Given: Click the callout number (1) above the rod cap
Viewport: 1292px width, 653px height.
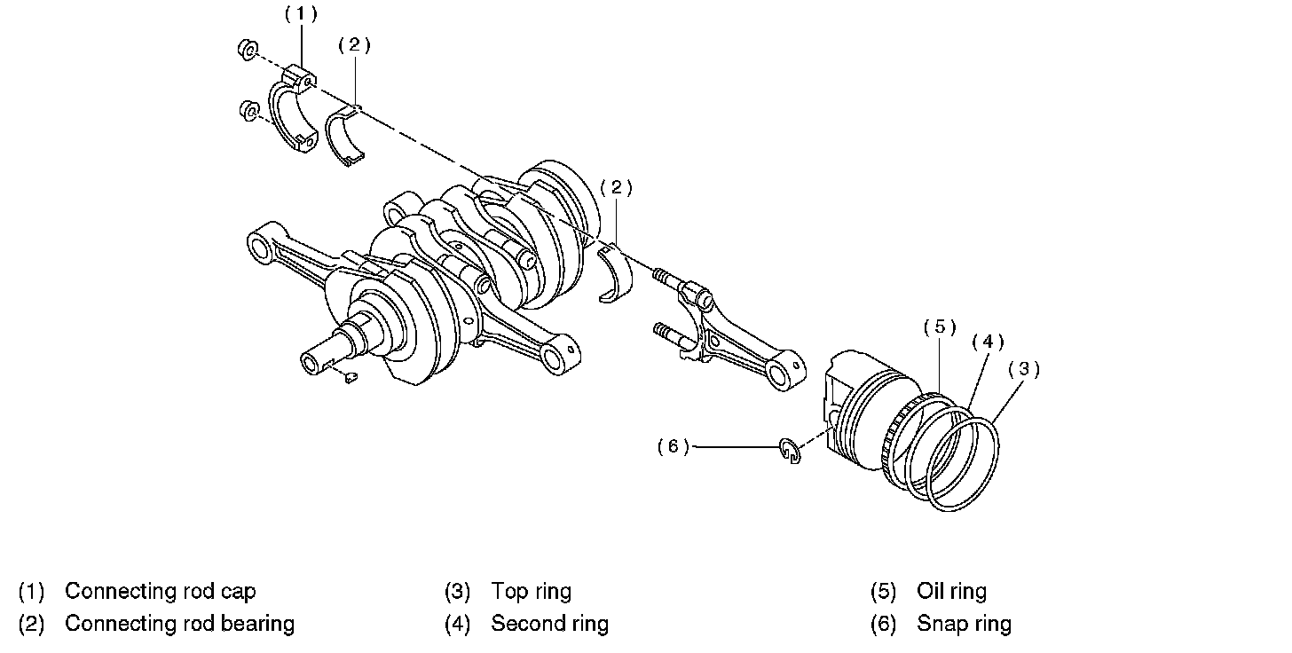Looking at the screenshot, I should [300, 13].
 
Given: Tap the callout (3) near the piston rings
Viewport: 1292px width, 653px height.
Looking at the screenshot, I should [1023, 369].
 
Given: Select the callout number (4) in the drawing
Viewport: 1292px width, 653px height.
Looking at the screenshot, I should [988, 342].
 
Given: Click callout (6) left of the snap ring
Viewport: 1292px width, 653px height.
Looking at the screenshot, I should [674, 446].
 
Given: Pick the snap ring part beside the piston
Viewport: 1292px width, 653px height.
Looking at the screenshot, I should [791, 451].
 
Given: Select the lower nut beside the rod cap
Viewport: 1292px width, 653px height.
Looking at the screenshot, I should [249, 111].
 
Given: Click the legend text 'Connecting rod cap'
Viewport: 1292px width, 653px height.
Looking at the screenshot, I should [160, 591].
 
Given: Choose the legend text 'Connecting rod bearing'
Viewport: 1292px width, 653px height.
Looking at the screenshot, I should [179, 624].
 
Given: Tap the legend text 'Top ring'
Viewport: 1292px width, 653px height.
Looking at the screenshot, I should [531, 591].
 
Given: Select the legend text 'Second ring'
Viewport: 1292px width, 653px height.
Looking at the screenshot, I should [549, 624].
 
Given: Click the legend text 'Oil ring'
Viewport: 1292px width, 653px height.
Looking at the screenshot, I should [951, 591].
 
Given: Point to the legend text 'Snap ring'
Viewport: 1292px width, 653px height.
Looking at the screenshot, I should [964, 624].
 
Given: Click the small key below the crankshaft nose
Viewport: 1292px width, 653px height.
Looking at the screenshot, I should [350, 379].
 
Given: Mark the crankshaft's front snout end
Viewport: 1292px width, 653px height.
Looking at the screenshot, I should [312, 361].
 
